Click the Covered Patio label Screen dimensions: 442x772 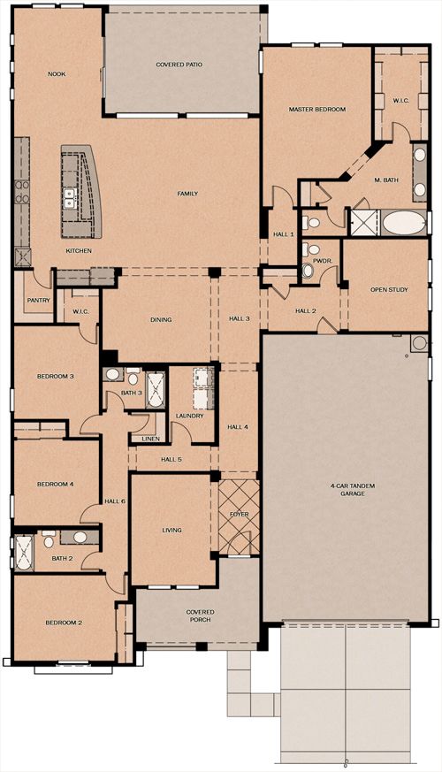pos(179,65)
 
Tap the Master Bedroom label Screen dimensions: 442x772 pos(317,110)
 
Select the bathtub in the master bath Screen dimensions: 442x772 pos(404,223)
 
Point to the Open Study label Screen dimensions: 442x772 pos(389,289)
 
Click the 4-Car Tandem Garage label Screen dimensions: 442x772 pos(353,489)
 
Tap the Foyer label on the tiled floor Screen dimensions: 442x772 pos(240,514)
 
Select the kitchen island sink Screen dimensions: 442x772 pos(69,197)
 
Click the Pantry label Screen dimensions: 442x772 pos(38,300)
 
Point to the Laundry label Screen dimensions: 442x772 pos(189,416)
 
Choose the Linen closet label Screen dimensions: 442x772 pos(150,439)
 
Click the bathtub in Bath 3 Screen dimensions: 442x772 pos(155,390)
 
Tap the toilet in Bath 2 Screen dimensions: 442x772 pos(49,541)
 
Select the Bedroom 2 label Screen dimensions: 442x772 pos(64,623)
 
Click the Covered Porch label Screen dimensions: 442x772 pos(200,615)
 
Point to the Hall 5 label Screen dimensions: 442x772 pos(171,459)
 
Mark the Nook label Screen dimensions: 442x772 pos(57,74)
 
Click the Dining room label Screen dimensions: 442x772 pos(161,319)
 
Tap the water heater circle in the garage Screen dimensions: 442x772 pos(419,343)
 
